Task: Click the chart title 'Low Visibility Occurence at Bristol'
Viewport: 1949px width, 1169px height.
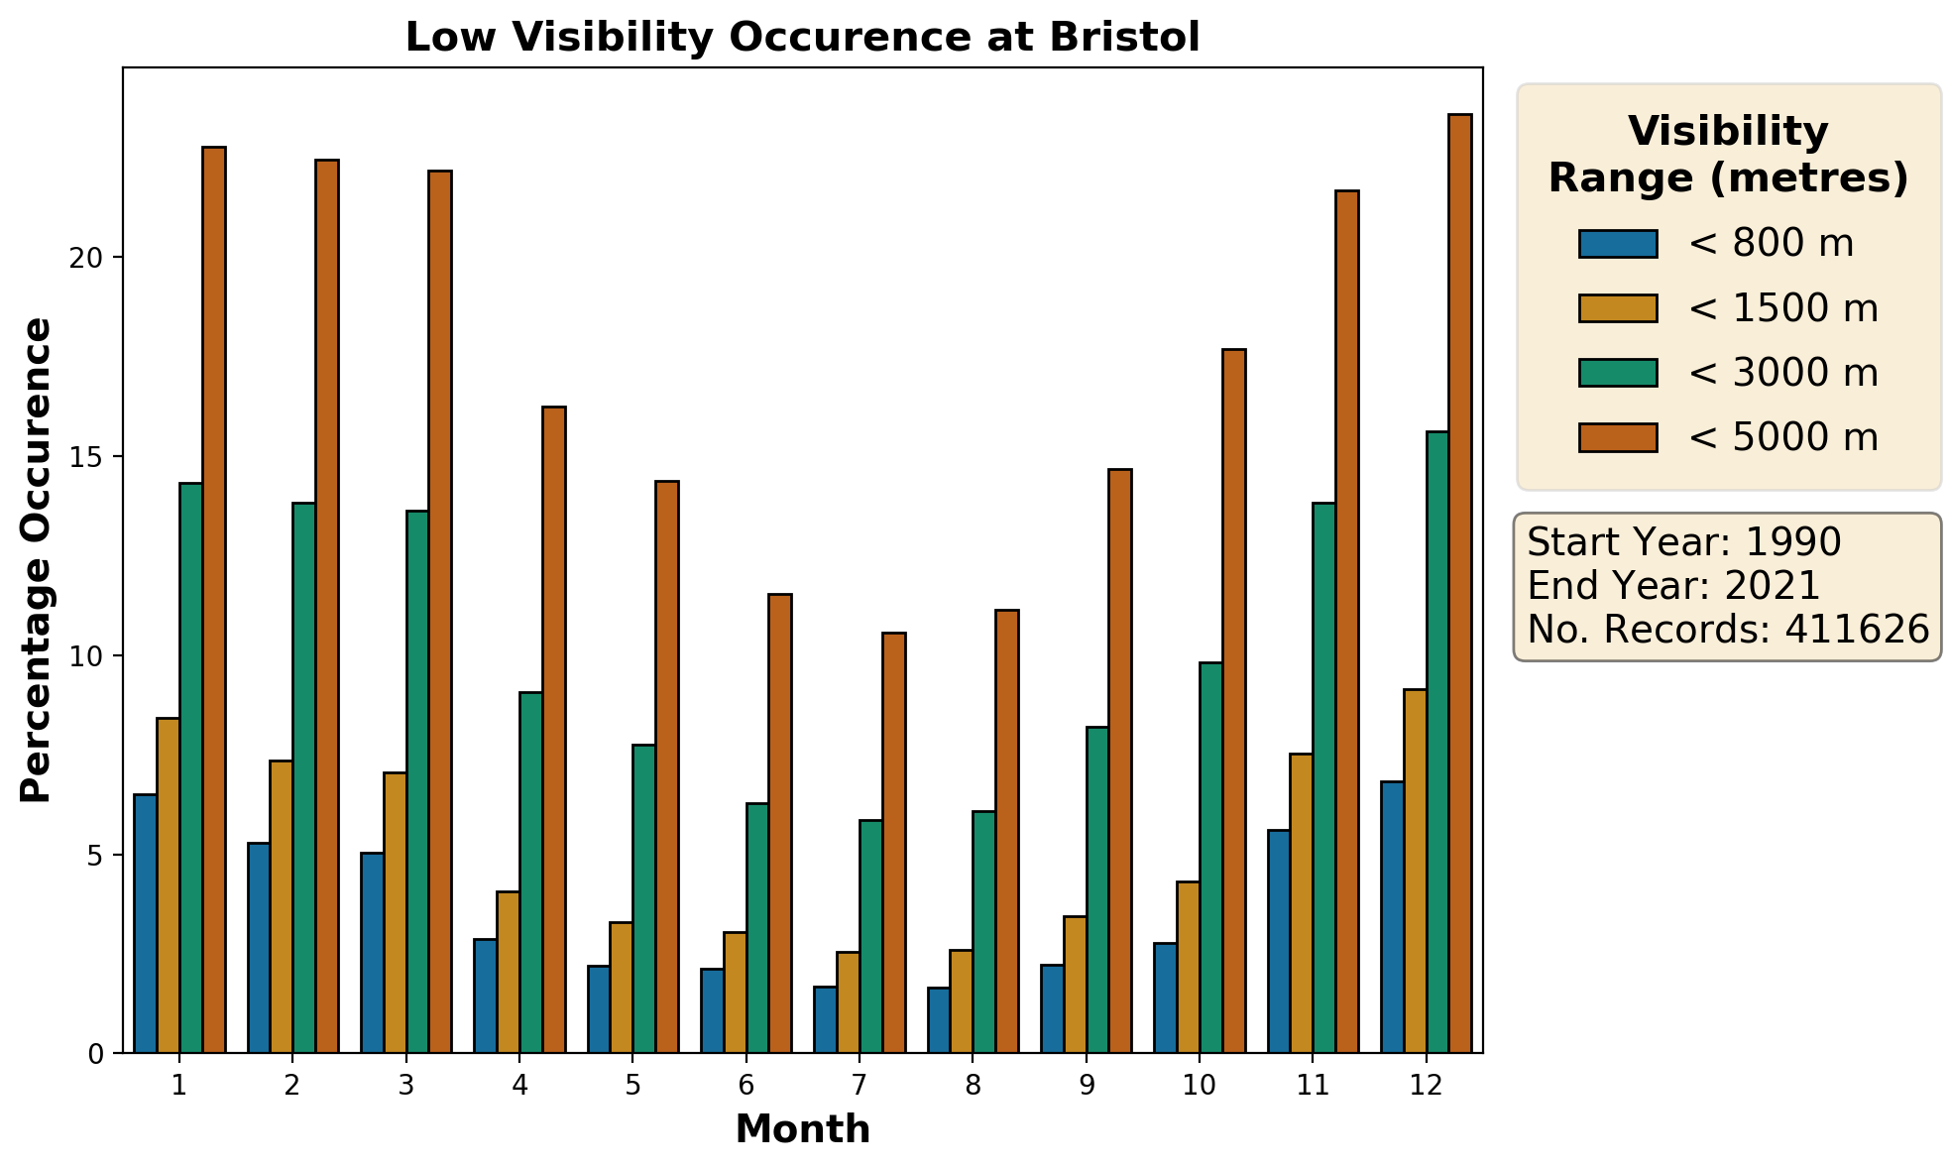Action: [802, 38]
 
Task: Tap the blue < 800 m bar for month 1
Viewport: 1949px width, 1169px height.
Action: [146, 923]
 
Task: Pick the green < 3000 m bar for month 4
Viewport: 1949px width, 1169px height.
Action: [530, 873]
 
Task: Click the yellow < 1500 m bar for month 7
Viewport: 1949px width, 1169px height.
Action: [848, 1002]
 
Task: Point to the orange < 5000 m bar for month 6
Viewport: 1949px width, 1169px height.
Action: [780, 823]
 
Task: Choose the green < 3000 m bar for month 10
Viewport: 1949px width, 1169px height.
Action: [1210, 858]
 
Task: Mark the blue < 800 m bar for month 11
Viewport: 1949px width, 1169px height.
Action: [1279, 941]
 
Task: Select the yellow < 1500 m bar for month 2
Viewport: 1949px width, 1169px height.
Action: [281, 906]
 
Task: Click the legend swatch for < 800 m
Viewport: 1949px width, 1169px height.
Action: [1618, 244]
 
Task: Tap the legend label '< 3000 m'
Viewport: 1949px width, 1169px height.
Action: [1782, 373]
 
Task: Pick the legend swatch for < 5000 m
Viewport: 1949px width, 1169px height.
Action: [1618, 437]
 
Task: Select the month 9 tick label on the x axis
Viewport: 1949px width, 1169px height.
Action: [1087, 1086]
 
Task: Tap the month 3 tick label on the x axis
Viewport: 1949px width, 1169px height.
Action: [406, 1086]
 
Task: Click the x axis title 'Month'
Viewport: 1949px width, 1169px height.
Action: [802, 1129]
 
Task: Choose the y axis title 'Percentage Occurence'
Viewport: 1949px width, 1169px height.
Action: [37, 560]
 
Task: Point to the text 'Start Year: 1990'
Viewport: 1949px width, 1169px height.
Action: [1683, 542]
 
